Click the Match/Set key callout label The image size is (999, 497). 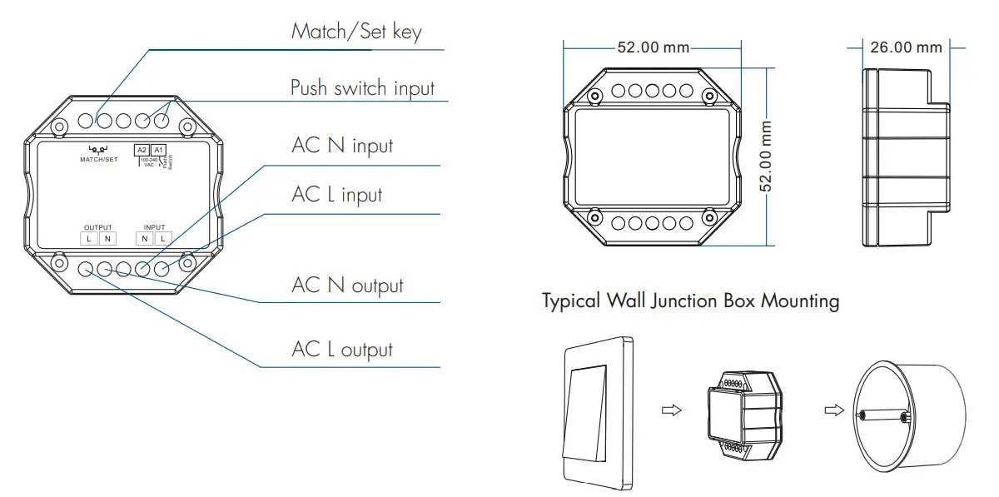pos(355,32)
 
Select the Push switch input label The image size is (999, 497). pos(362,87)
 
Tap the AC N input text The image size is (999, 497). pos(342,146)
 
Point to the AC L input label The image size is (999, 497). pos(336,195)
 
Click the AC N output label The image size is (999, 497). pos(347,286)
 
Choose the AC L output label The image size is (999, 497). pos(341,350)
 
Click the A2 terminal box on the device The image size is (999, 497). pos(142,150)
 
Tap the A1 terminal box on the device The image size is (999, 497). pos(158,150)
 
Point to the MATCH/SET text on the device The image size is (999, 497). pos(99,159)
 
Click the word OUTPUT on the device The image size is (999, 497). pos(97,227)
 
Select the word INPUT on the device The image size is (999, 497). pos(154,227)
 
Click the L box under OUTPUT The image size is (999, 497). pos(89,239)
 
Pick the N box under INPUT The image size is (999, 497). pos(145,239)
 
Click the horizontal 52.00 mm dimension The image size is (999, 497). pos(649,47)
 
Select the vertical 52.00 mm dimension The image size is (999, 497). pos(767,157)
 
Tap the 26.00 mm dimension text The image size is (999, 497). pos(906,47)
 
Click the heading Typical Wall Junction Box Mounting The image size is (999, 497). pos(690,301)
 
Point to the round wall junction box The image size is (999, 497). pos(907,413)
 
